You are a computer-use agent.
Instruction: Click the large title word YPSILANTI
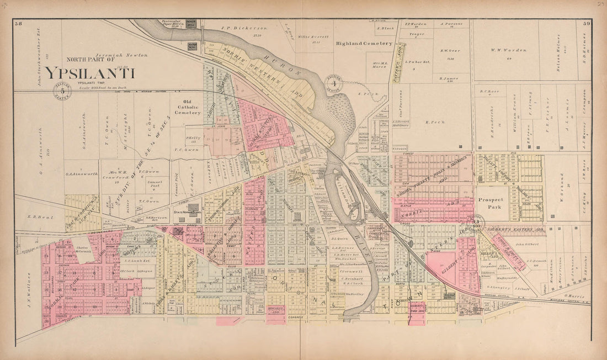(x=90, y=73)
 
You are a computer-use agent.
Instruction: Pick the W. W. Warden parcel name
(x=508, y=50)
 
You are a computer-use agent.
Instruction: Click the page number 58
(x=19, y=23)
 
